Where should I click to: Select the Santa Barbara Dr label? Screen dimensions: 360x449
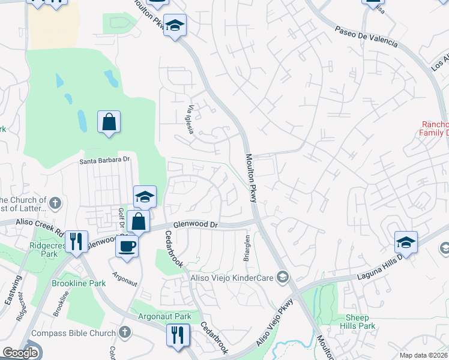click(105, 160)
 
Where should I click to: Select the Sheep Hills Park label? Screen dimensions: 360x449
click(360, 322)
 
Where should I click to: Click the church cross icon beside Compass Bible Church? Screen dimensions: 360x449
click(125, 332)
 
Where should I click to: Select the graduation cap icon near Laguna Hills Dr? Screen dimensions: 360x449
click(406, 242)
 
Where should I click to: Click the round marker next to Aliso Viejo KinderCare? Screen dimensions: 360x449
click(283, 277)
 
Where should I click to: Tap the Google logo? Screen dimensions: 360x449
click(20, 353)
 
